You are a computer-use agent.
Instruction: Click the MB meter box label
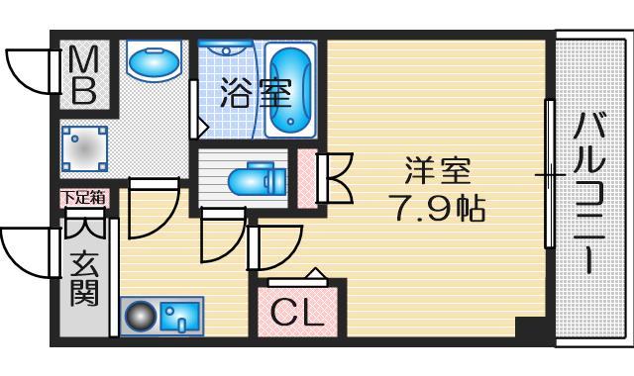pyautogui.click(x=83, y=77)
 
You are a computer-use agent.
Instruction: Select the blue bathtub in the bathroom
pyautogui.click(x=290, y=89)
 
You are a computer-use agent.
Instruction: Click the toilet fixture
pyautogui.click(x=252, y=180)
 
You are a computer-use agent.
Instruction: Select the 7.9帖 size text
pyautogui.click(x=434, y=210)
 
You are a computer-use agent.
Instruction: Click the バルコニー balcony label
pyautogui.click(x=591, y=193)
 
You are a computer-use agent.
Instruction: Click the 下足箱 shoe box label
pyautogui.click(x=83, y=197)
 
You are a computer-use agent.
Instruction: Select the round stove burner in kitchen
pyautogui.click(x=140, y=318)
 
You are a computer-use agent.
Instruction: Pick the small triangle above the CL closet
pyautogui.click(x=314, y=274)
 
